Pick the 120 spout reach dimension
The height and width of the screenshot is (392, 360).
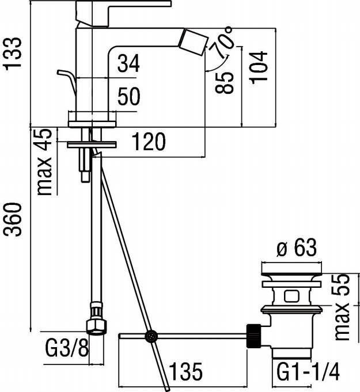149,142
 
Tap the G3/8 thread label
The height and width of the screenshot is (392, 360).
66,348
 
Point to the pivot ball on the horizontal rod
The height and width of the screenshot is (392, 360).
151,335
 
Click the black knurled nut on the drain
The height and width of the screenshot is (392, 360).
253,335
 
